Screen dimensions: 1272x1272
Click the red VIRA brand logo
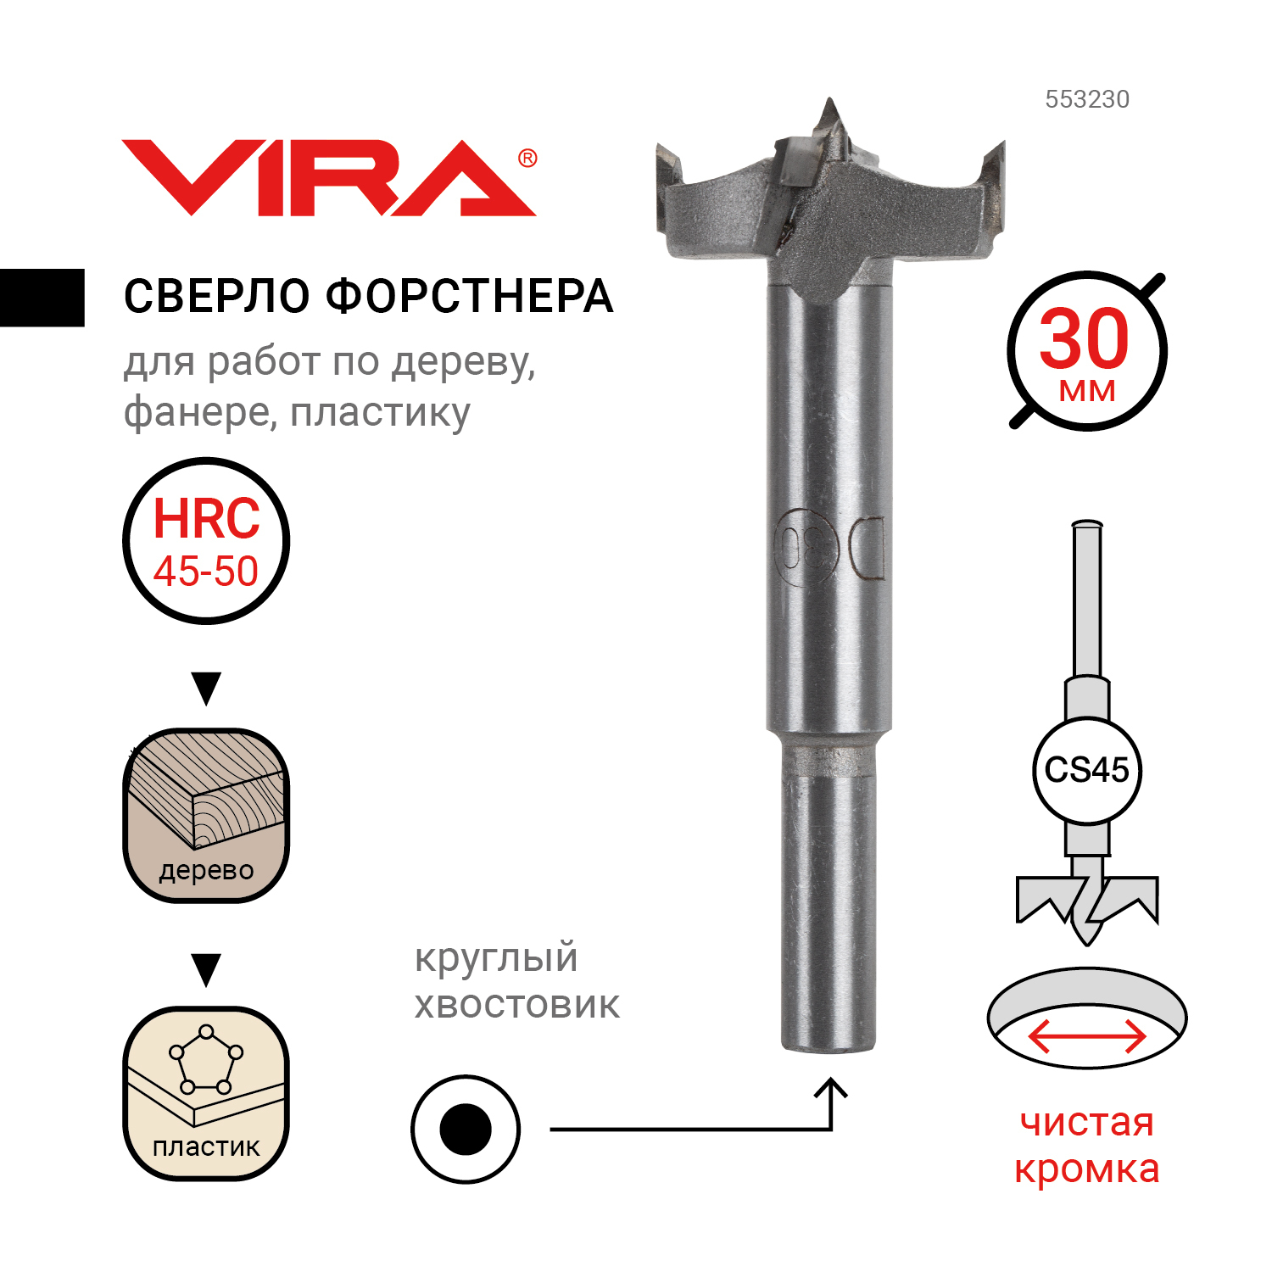[x=329, y=177]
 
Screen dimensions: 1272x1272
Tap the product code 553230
[x=1087, y=99]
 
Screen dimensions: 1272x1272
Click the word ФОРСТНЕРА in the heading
[x=470, y=296]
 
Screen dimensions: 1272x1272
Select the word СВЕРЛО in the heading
[x=218, y=296]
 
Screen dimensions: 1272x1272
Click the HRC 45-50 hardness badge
[x=206, y=541]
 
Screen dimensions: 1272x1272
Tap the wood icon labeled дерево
[x=206, y=815]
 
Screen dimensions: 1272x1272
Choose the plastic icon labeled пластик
[x=206, y=1093]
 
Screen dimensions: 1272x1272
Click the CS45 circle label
[x=1087, y=770]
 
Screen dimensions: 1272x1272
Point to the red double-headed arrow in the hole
[x=1087, y=1036]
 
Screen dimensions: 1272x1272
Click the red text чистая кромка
[x=1087, y=1146]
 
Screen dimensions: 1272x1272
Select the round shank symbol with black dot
[x=466, y=1130]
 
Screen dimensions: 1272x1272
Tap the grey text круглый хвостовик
[x=517, y=981]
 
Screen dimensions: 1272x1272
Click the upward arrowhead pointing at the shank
[x=831, y=1089]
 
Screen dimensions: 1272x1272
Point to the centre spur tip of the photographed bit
[x=828, y=100]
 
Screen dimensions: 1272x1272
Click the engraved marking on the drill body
[x=829, y=550]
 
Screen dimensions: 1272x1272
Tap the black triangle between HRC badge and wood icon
[x=206, y=688]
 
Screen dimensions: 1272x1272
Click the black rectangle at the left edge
[x=42, y=298]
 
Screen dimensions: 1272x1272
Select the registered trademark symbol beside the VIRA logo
[x=527, y=159]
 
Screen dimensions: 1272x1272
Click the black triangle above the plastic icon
[x=206, y=969]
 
